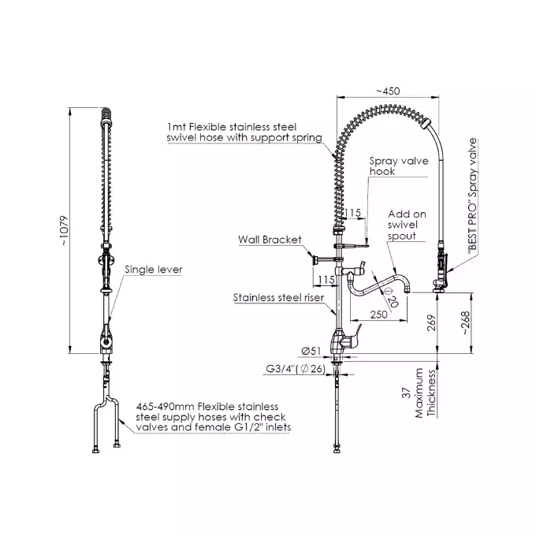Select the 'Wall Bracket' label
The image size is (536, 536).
tap(270, 239)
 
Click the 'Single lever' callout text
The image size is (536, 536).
tap(154, 270)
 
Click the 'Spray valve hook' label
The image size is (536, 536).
tap(399, 166)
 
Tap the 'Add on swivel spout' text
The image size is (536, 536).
tap(408, 225)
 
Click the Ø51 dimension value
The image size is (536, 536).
tap(310, 352)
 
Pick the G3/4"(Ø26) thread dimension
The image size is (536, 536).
tap(295, 368)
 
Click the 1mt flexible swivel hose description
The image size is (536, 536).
tap(244, 132)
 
